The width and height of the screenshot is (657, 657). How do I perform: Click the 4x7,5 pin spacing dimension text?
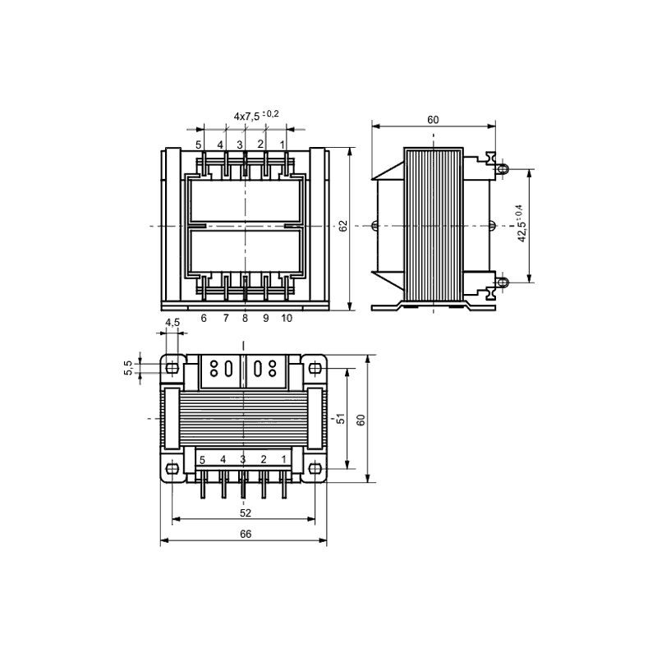(256, 115)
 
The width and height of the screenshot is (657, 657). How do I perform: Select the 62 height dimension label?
(343, 226)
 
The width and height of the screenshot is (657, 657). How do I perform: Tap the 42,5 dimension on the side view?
(520, 223)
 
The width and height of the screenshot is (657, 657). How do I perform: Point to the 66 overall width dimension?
(246, 534)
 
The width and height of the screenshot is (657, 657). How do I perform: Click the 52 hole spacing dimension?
(246, 512)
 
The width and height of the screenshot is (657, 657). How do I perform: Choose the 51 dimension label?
(341, 418)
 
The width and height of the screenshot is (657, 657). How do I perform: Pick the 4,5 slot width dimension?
(172, 322)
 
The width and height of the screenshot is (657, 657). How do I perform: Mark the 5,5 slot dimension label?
(128, 367)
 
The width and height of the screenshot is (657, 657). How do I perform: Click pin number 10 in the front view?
(287, 318)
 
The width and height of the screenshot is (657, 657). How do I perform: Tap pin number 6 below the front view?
(204, 318)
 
